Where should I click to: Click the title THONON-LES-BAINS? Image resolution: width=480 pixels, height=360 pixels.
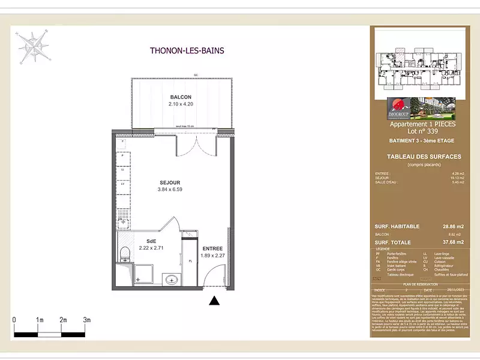(187, 51)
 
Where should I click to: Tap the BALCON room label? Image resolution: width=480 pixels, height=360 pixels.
(181, 97)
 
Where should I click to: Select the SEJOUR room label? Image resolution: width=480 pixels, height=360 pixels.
(170, 182)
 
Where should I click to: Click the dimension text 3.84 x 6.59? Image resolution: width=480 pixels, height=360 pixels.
(170, 190)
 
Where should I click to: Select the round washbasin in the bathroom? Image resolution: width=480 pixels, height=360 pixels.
(171, 279)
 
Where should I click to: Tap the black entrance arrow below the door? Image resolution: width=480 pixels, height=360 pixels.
(214, 301)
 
